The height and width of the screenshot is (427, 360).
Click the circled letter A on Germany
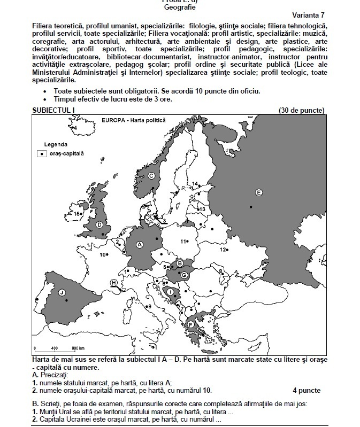pyautogui.click(x=140, y=244)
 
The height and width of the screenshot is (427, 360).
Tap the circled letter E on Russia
pyautogui.click(x=258, y=192)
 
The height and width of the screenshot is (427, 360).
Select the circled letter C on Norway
pyautogui.click(x=151, y=176)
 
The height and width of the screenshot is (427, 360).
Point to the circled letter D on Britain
pyautogui.click(x=99, y=224)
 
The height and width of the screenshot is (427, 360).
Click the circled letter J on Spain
pyautogui.click(x=62, y=292)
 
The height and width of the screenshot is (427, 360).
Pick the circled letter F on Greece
pyautogui.click(x=190, y=324)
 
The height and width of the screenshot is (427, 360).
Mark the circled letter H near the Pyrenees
pyautogui.click(x=113, y=282)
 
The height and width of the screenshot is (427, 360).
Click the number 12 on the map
pyautogui.click(x=223, y=250)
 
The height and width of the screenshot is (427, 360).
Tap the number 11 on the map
pyautogui.click(x=182, y=242)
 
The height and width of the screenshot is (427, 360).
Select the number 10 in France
pyautogui.click(x=103, y=254)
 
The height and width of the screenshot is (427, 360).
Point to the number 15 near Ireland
pyautogui.click(x=77, y=214)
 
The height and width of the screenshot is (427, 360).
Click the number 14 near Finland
pyautogui.click(x=195, y=184)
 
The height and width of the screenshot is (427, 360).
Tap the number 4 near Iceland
pyautogui.click(x=75, y=128)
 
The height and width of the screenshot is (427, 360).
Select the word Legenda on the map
pyautogui.click(x=55, y=144)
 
